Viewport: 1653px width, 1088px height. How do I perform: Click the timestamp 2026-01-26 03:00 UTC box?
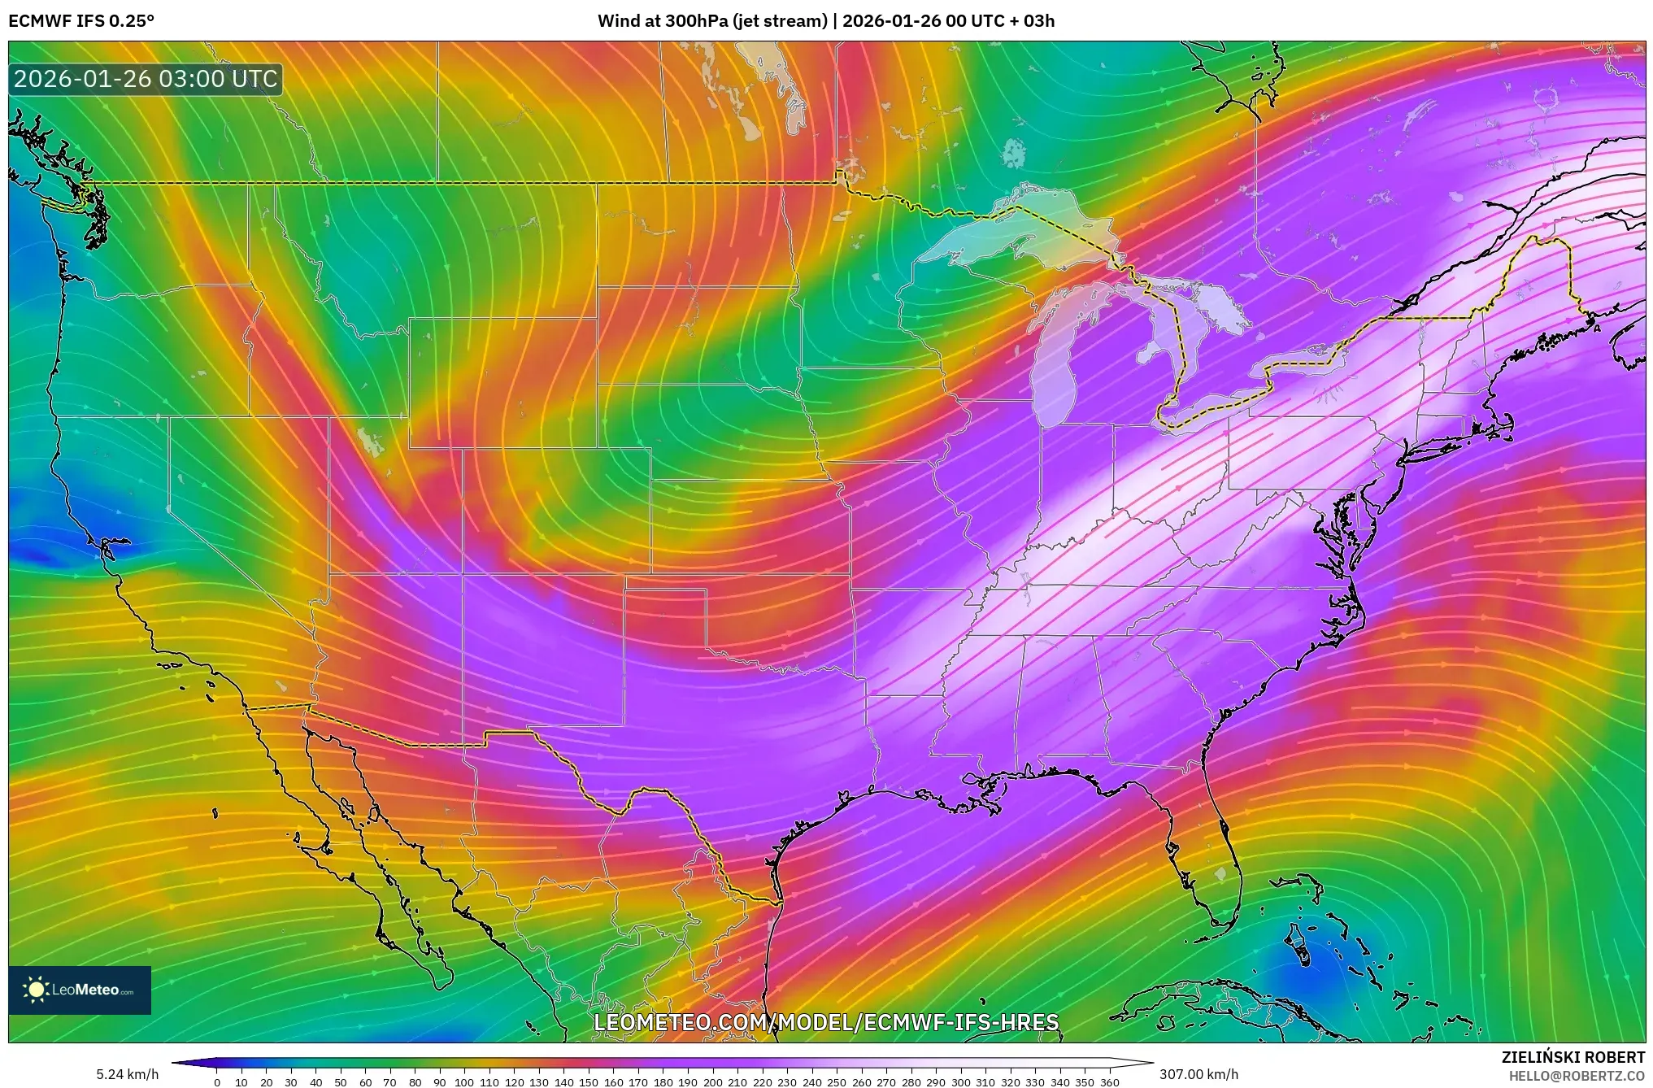[x=146, y=79]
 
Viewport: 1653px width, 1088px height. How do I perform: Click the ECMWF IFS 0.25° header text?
[x=80, y=21]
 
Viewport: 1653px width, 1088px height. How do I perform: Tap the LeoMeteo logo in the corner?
[x=80, y=990]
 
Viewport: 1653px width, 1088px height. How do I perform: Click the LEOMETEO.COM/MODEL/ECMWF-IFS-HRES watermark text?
[x=826, y=1022]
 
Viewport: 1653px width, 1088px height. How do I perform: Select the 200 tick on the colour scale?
[x=712, y=1082]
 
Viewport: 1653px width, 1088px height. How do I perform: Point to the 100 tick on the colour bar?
[x=464, y=1082]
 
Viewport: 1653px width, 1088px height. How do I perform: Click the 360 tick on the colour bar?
[x=1109, y=1082]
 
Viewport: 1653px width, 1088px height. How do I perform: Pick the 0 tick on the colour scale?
[x=217, y=1082]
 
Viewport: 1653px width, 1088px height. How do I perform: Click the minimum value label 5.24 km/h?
[x=128, y=1074]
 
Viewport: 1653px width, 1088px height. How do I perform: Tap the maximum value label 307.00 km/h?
[x=1198, y=1074]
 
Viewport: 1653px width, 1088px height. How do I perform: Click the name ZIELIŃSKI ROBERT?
[x=1573, y=1057]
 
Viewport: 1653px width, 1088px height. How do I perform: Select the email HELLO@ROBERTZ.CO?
[x=1577, y=1076]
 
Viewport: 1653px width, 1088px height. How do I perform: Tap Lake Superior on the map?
[x=1000, y=236]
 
